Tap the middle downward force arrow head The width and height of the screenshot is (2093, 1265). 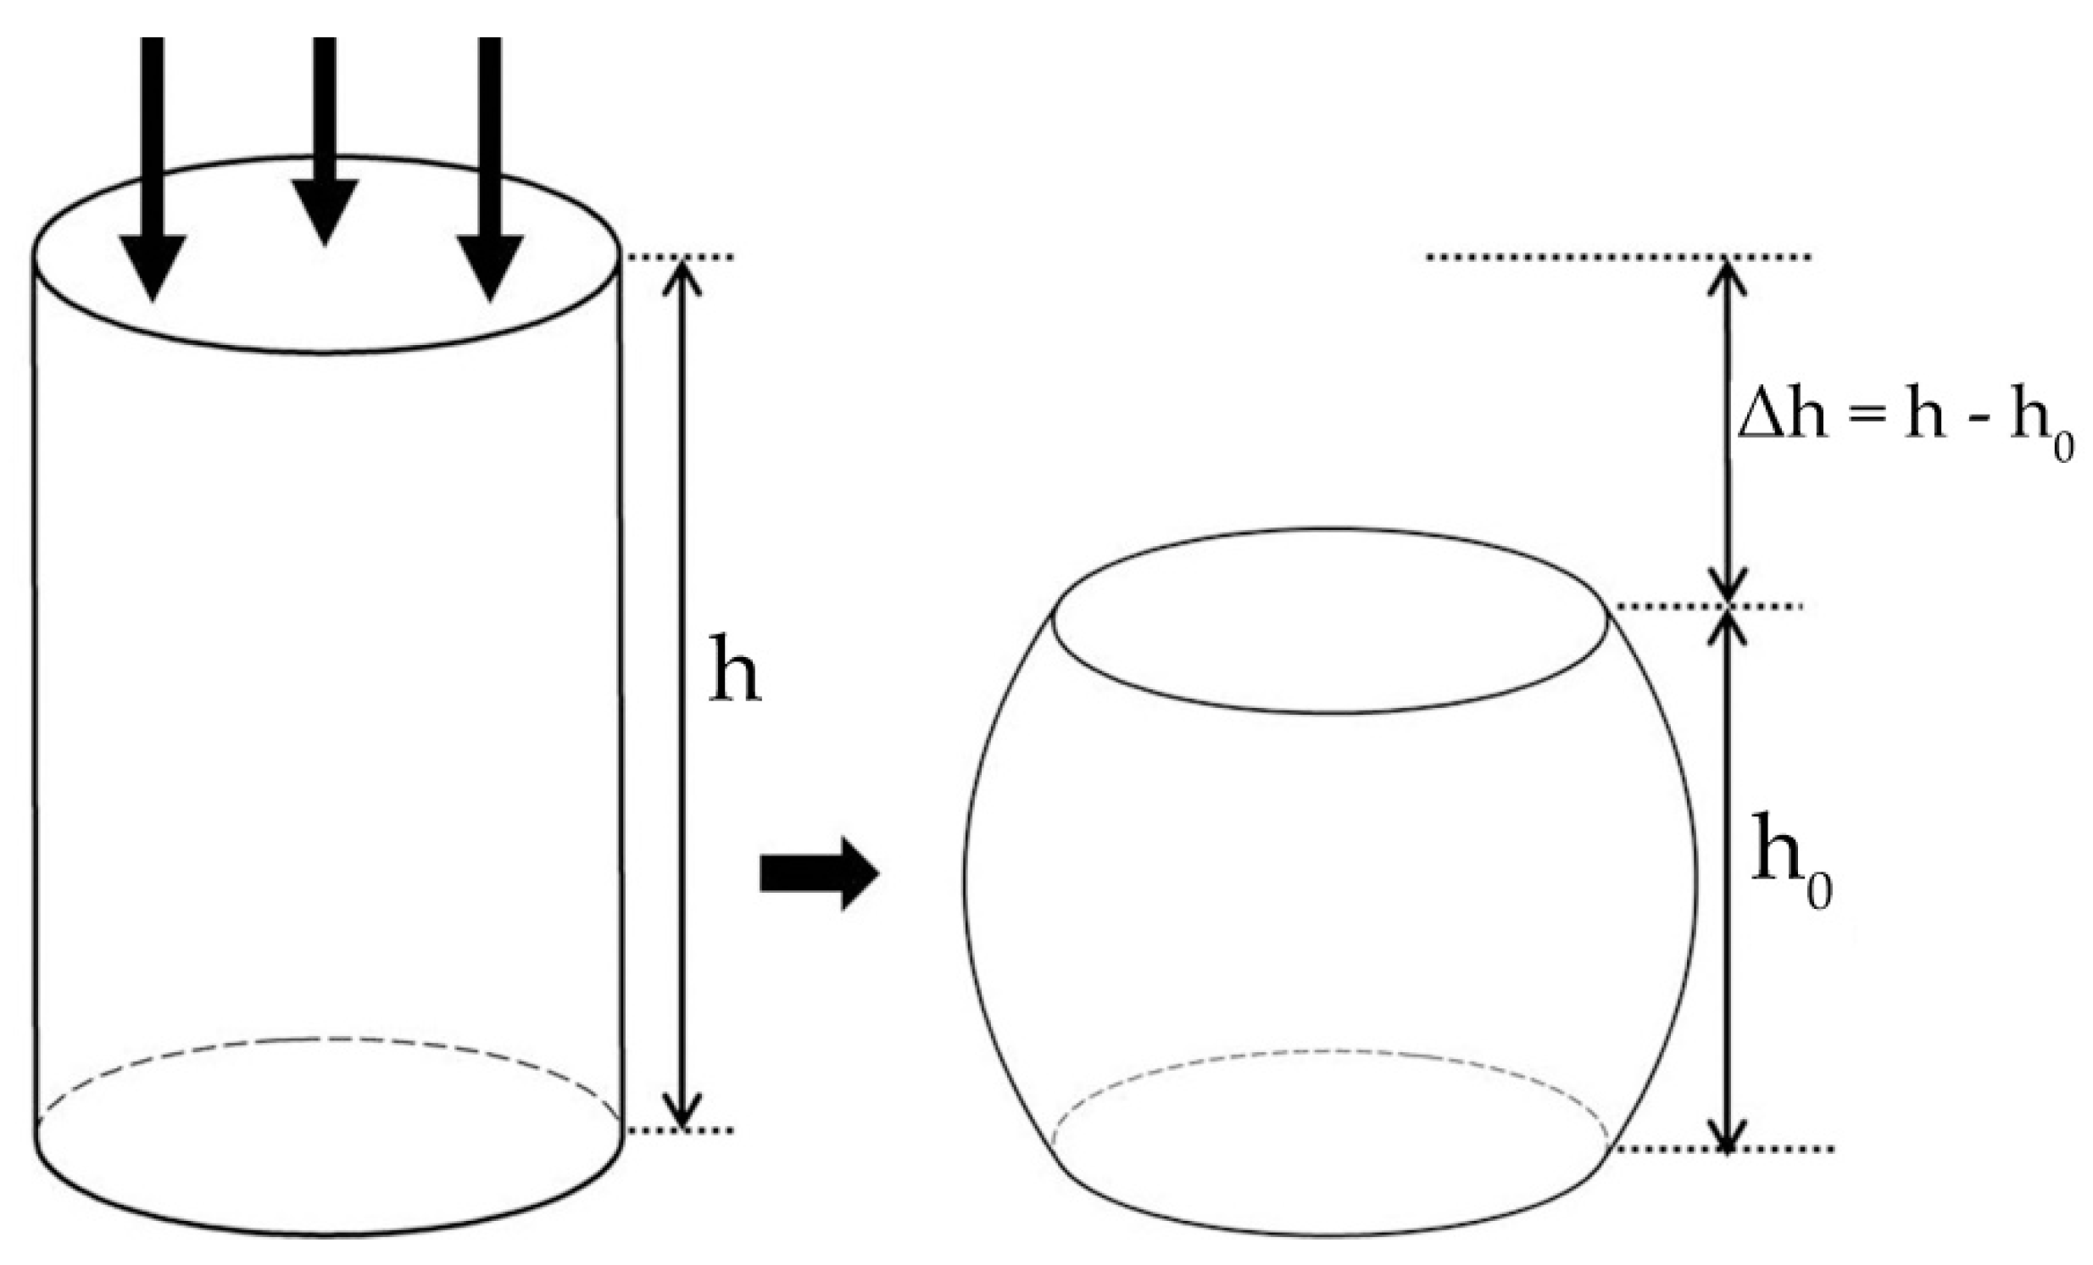[325, 213]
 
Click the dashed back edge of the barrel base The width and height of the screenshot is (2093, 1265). [1325, 1053]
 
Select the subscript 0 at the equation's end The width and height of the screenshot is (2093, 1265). [2062, 449]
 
